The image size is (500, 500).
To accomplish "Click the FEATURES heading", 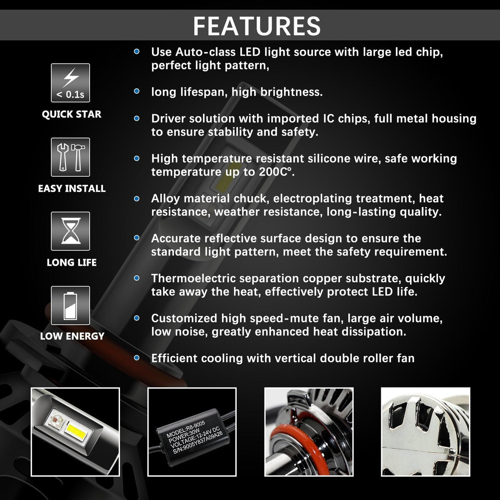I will pos(257,25).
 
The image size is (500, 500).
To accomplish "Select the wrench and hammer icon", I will pos(71,157).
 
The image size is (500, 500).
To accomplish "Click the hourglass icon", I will pos(71,231).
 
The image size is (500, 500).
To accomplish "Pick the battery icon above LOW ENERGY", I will pos(71,305).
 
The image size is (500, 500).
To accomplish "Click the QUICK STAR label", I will pos(72,114).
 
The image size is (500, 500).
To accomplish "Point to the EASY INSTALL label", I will pos(72,188).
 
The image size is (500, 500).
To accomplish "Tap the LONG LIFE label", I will pos(72,262).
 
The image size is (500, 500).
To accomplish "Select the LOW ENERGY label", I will pos(72,336).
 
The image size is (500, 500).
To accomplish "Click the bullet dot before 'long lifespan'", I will pos(137,91).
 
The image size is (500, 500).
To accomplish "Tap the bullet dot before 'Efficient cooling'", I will pos(137,358).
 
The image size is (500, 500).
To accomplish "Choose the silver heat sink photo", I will pos(425,432).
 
